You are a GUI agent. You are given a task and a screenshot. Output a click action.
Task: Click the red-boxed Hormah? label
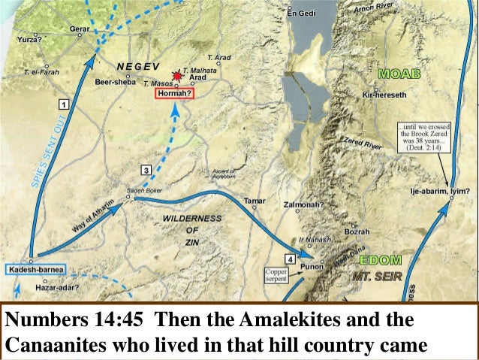click(174, 94)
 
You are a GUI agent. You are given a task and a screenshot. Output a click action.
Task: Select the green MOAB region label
click(399, 75)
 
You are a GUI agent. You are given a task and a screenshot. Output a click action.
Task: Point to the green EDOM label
click(380, 259)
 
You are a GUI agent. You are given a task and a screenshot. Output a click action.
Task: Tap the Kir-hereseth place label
click(384, 95)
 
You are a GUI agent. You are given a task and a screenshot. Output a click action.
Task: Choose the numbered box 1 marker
click(65, 103)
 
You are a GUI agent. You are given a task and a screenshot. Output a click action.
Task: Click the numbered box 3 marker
click(146, 168)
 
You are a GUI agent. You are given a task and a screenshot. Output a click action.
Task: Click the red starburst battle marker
click(177, 76)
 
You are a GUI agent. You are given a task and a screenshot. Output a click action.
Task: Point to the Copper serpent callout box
click(275, 274)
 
